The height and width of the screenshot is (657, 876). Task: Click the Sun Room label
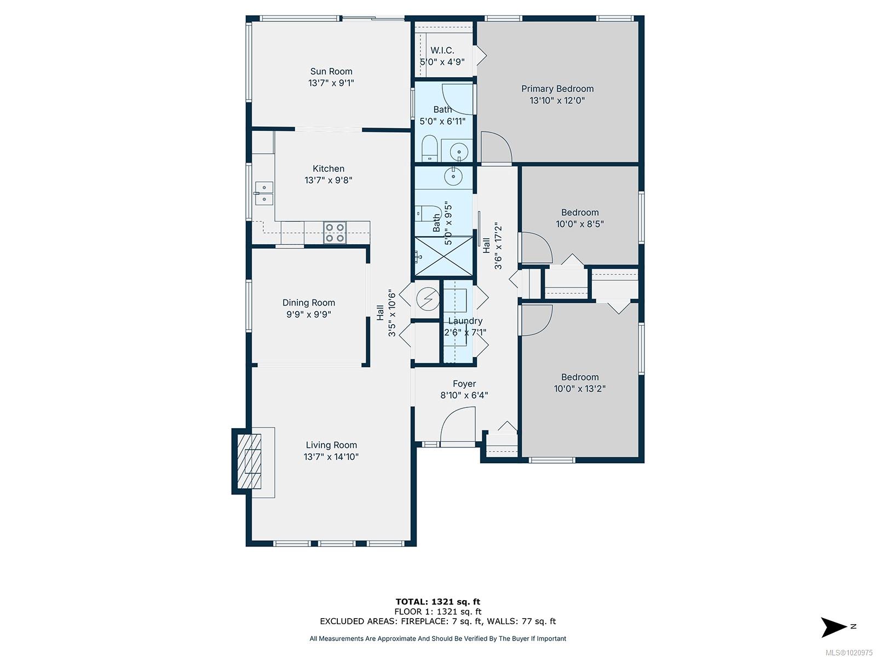(331, 71)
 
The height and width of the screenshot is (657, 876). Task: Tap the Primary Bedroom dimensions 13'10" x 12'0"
(557, 100)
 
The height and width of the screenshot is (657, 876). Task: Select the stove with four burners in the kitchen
(335, 233)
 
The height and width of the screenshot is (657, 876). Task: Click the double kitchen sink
(264, 193)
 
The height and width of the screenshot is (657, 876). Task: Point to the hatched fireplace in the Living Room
(250, 462)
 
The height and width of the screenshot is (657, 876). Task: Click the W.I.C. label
(442, 51)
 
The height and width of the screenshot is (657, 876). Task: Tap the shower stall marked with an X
(443, 256)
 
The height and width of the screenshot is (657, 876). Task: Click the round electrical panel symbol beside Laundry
(428, 298)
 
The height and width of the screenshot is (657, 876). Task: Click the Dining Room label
(308, 303)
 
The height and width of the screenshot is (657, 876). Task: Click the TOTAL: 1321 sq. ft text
(438, 602)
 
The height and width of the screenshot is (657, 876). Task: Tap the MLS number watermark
(849, 653)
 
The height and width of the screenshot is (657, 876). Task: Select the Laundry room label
(465, 321)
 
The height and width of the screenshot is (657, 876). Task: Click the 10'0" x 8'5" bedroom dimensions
(579, 224)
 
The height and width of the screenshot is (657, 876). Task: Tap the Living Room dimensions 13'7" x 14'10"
(331, 457)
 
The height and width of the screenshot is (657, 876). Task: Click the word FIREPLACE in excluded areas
(422, 621)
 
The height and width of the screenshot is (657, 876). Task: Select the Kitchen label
(328, 169)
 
